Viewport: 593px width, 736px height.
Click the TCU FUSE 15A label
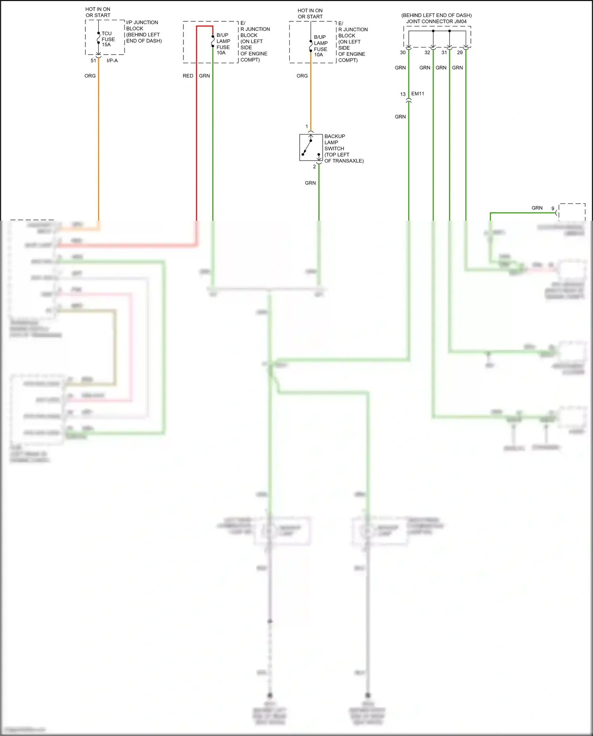click(x=108, y=39)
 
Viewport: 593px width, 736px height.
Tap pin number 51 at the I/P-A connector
click(x=93, y=61)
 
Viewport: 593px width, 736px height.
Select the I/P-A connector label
click(x=112, y=61)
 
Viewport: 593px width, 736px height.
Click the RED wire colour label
click(x=188, y=76)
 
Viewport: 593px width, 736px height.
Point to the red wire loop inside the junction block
click(x=204, y=26)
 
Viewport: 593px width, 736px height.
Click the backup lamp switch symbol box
click(x=311, y=147)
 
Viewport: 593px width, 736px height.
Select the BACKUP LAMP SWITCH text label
click(x=343, y=148)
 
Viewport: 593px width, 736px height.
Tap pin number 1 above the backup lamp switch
click(x=307, y=127)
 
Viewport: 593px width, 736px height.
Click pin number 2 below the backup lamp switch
click(x=314, y=166)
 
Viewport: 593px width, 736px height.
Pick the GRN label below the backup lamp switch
click(x=310, y=183)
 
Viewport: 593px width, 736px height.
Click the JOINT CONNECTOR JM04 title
click(x=436, y=21)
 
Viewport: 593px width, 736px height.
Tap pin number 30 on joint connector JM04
click(x=402, y=53)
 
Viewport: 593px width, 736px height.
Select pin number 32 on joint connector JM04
click(x=427, y=53)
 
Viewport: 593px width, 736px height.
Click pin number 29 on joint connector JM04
click(x=460, y=53)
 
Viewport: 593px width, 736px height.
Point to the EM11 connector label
click(x=417, y=94)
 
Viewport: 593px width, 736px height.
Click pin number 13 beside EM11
click(x=402, y=94)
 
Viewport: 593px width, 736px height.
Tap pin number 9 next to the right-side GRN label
click(x=553, y=208)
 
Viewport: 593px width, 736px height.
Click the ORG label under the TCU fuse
click(x=90, y=76)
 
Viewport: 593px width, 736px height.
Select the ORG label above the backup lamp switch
click(x=302, y=76)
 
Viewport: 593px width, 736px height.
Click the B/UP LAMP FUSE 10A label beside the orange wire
click(x=321, y=46)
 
